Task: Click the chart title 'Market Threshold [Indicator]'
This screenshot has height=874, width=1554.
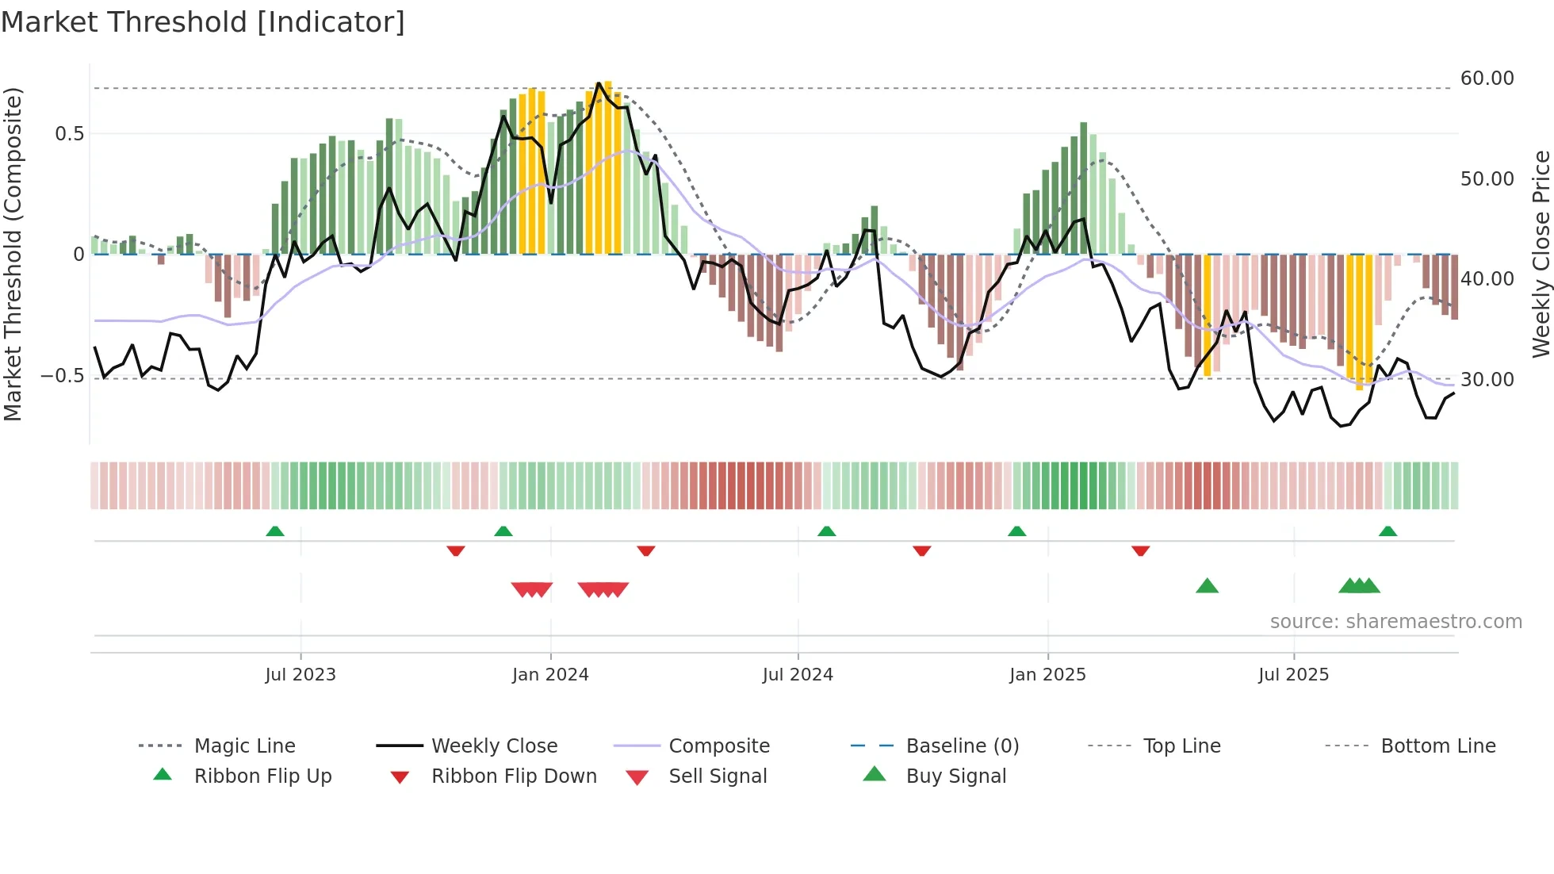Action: pos(203,22)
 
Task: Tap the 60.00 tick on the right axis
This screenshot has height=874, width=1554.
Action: pos(1487,79)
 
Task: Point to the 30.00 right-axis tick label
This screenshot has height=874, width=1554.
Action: pos(1487,380)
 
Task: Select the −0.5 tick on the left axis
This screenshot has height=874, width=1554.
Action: pos(62,376)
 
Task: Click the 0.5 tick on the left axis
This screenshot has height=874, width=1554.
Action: pos(69,134)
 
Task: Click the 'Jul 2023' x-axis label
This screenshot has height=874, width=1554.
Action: pos(300,675)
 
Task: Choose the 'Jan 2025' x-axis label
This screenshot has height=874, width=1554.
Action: pos(1047,675)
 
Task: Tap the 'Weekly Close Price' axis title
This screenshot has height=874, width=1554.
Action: pos(1541,254)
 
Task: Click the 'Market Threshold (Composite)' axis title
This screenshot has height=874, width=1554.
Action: pos(13,254)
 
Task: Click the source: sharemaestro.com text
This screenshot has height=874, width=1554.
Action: pos(1395,622)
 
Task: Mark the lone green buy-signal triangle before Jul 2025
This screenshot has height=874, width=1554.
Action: pos(1207,586)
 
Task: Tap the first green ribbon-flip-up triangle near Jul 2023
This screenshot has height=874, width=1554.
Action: pos(275,531)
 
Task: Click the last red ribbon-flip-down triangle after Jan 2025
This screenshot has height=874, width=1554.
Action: pos(1140,550)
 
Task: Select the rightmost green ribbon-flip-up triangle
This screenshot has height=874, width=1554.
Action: pos(1387,531)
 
